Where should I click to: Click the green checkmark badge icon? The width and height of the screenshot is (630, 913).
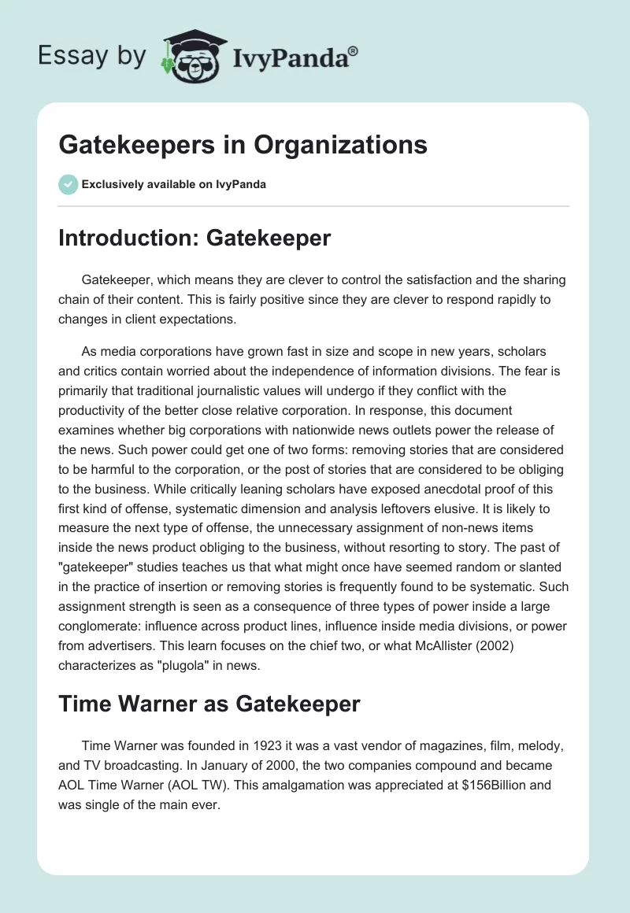(x=68, y=184)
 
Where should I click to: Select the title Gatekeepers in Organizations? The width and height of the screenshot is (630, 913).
(x=243, y=145)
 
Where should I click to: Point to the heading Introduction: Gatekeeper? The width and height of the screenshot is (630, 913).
(x=195, y=238)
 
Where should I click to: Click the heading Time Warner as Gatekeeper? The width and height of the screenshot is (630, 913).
(x=209, y=704)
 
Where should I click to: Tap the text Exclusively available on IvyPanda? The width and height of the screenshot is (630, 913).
(x=173, y=184)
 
